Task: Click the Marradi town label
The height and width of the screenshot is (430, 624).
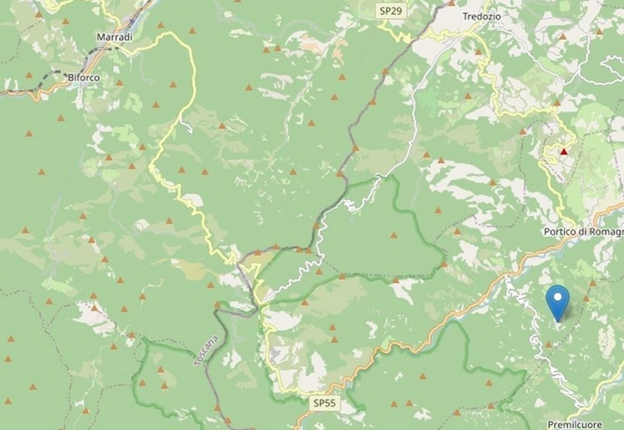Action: pos(115,36)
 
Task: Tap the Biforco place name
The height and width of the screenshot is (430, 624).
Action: pos(83,77)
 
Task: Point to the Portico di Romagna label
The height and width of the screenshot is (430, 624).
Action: pos(583,232)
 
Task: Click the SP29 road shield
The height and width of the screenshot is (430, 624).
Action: pos(389,11)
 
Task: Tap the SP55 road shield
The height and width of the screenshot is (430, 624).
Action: pos(326,404)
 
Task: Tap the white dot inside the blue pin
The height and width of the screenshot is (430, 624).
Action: pos(557,297)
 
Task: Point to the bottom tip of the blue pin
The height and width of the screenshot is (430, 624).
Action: pos(557,321)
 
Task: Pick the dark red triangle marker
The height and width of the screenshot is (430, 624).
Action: pos(564,151)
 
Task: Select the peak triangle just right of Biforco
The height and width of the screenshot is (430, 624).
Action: pos(119,83)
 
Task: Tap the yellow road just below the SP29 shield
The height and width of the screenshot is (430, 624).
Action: pos(391,30)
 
